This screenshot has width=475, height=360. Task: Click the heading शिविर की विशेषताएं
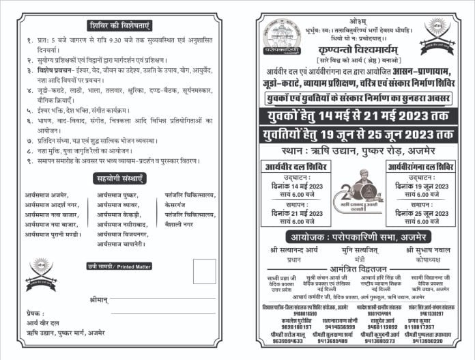[x=119, y=26]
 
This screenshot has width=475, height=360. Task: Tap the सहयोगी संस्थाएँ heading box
[x=119, y=179]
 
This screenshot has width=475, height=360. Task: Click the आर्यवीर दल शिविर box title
[x=297, y=167]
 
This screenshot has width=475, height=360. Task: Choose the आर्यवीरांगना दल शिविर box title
[x=420, y=167]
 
